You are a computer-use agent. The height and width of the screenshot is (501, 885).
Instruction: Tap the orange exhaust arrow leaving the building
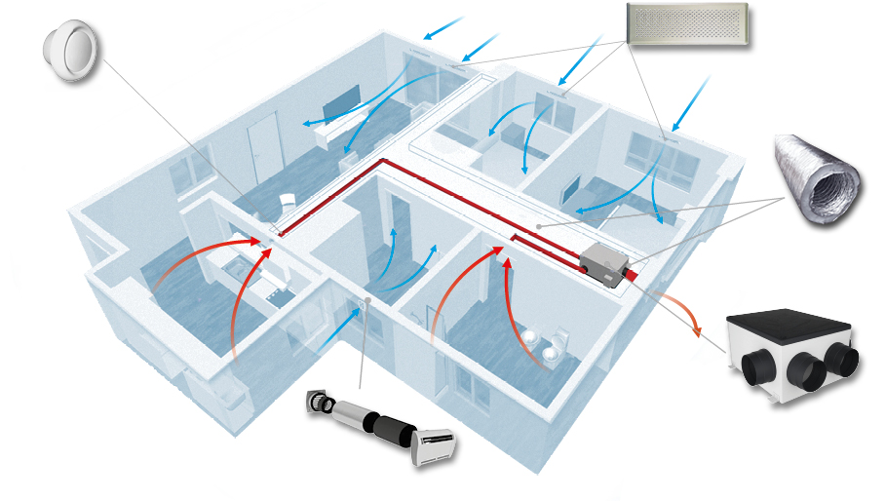point(682,313)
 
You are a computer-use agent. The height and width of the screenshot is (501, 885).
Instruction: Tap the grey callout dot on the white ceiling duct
point(538,227)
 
